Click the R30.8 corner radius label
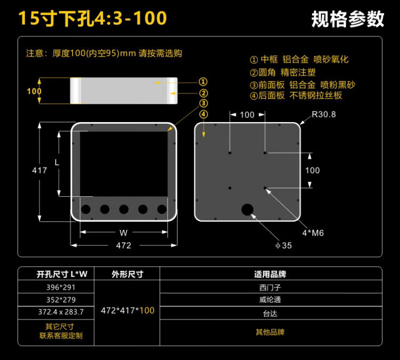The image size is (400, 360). click(x=324, y=114)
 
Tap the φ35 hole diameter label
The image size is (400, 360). click(x=283, y=245)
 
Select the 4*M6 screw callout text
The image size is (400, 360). click(x=313, y=233)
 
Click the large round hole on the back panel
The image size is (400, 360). click(x=247, y=210)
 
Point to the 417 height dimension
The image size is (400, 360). click(x=39, y=170)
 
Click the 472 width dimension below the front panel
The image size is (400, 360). click(x=124, y=245)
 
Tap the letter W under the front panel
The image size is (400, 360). click(x=124, y=233)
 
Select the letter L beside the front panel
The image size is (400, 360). click(x=57, y=162)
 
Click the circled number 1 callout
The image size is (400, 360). click(x=203, y=82)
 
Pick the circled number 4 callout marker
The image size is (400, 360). click(x=203, y=114)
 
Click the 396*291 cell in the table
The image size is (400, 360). click(x=61, y=287)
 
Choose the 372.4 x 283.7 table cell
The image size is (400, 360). click(x=61, y=312)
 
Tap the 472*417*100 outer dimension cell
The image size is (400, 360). click(x=127, y=310)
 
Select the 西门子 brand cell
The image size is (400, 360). click(x=270, y=287)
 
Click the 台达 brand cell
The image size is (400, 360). click(x=270, y=313)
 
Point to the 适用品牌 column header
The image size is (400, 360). click(x=270, y=274)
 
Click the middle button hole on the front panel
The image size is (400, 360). click(x=124, y=209)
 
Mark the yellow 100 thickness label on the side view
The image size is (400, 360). click(x=34, y=91)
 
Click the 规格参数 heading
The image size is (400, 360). click(x=348, y=19)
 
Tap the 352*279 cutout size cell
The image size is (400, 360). click(x=61, y=300)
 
